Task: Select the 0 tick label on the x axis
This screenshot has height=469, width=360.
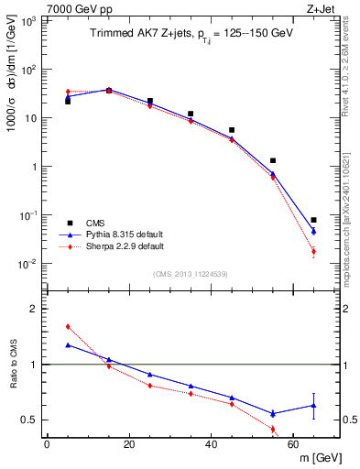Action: tap(47, 444)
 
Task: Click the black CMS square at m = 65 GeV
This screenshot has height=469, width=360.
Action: tap(313, 220)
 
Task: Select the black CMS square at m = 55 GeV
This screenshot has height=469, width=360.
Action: tap(273, 160)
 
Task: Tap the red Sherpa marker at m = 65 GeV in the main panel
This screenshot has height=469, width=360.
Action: tap(313, 251)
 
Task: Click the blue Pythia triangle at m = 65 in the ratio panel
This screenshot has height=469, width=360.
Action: tap(313, 405)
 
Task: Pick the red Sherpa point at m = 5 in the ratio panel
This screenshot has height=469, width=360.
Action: tap(68, 326)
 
